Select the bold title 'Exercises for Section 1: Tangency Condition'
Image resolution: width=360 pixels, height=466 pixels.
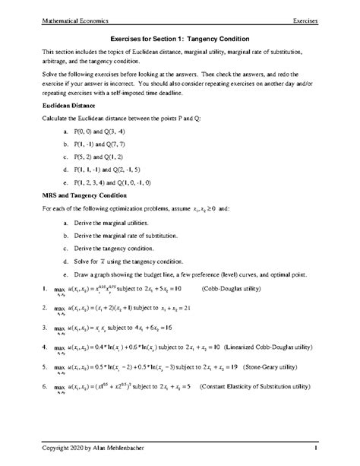click(x=180, y=38)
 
